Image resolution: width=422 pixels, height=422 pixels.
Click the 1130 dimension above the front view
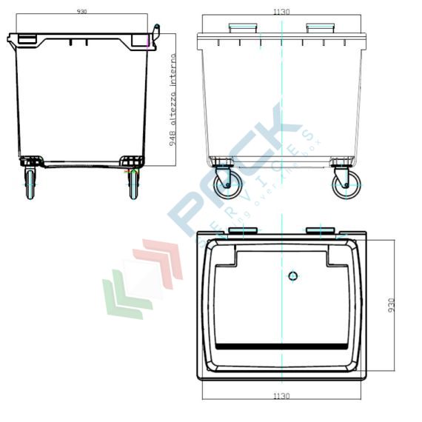281,12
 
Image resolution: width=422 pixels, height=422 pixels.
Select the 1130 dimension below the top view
281,396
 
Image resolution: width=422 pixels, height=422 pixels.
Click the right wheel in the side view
133,183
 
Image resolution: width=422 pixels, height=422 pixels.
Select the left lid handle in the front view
243,28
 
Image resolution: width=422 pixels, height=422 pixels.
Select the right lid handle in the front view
321,28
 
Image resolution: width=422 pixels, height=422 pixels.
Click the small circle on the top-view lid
293,276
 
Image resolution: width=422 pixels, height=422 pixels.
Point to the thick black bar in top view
281,346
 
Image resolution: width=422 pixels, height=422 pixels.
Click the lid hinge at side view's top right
155,33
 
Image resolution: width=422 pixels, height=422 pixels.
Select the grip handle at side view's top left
25,38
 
